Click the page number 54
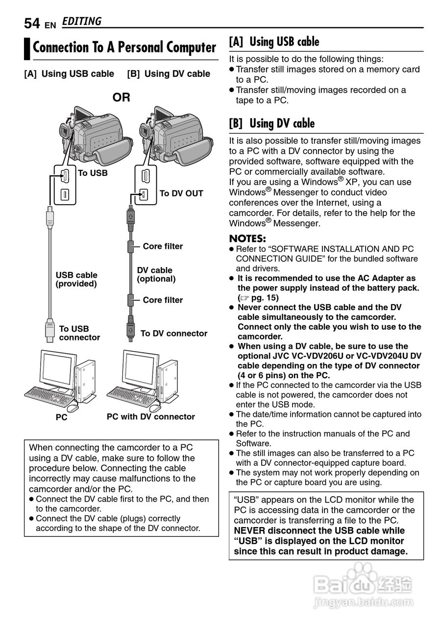tap(32, 23)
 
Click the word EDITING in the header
tap(82, 22)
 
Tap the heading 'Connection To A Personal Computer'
tap(124, 48)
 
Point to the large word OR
tap(122, 97)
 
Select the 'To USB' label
tap(92, 173)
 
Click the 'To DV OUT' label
tap(181, 193)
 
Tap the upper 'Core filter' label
tap(163, 246)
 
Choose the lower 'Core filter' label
tap(163, 300)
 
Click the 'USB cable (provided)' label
tap(76, 279)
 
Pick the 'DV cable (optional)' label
tap(156, 274)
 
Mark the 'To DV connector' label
tap(174, 334)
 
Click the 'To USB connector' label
tap(79, 333)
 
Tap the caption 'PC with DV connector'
tap(151, 417)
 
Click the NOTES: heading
tap(247, 239)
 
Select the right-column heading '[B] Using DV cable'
tap(272, 123)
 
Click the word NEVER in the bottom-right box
tap(250, 531)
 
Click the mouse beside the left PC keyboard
tap(72, 408)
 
